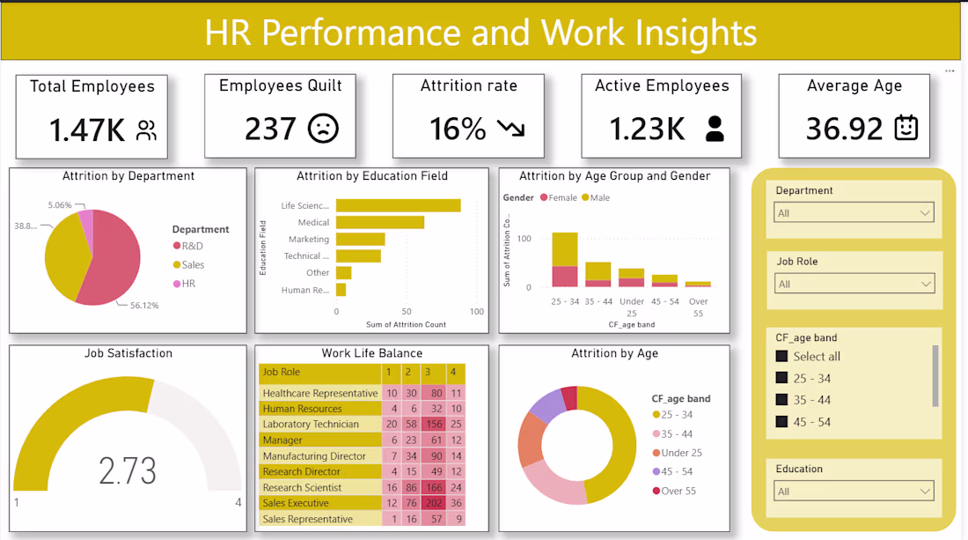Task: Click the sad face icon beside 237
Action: [324, 129]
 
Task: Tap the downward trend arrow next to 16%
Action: [511, 128]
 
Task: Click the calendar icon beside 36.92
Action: [906, 127]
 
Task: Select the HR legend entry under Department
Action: [185, 284]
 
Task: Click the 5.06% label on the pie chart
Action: [60, 205]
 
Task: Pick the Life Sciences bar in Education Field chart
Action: [398, 205]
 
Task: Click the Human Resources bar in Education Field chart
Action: [341, 290]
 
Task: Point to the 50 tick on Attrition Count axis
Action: [407, 311]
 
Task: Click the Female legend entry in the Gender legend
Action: [559, 197]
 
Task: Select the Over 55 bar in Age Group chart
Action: [698, 285]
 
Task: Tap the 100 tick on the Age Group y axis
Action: [524, 239]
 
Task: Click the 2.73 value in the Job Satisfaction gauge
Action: [128, 470]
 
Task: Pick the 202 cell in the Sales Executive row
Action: [434, 503]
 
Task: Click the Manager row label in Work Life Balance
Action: [282, 440]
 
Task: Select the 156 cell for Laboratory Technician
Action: [434, 424]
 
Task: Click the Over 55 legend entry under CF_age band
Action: [674, 491]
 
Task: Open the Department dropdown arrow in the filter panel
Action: [925, 213]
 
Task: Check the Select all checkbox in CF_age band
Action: [781, 356]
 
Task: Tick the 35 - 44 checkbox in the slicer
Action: [781, 400]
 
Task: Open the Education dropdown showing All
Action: [854, 492]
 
